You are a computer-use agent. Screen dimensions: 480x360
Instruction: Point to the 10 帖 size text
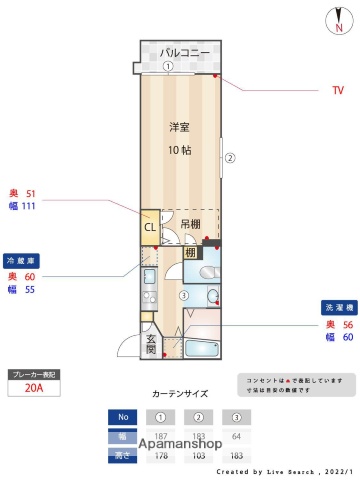pos(179,150)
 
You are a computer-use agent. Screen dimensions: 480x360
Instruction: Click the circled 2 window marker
pos(229,157)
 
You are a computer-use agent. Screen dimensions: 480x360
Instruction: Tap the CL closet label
pos(149,227)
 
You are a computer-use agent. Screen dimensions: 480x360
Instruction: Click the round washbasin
pos(213,295)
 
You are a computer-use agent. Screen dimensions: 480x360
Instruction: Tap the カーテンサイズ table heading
pos(180,395)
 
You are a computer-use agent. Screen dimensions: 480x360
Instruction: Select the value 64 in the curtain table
pos(236,436)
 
